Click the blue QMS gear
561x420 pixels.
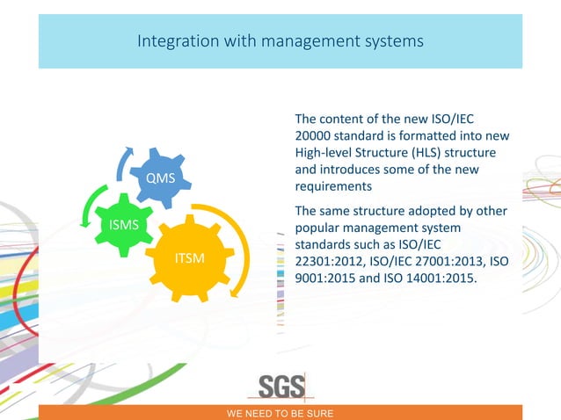[160, 179]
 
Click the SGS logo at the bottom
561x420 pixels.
[281, 387]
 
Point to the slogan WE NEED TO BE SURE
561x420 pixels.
[280, 412]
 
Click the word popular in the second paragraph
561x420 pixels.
[319, 228]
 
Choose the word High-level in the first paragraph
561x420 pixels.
[325, 153]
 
